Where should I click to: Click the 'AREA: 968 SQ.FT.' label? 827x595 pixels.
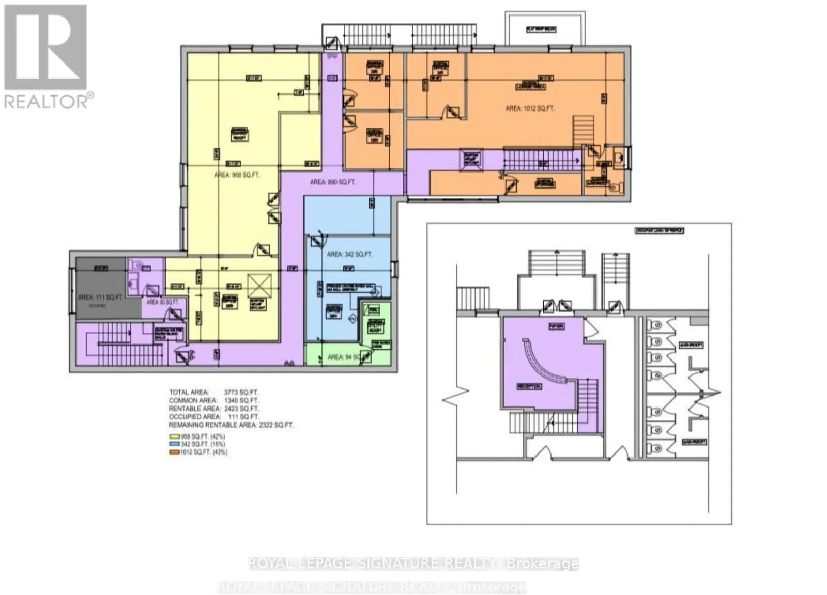pyautogui.click(x=237, y=175)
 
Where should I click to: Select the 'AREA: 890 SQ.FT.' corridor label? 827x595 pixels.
pyautogui.click(x=333, y=182)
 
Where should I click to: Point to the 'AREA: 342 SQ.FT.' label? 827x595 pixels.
pyautogui.click(x=349, y=254)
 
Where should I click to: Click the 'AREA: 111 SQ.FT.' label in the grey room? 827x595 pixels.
pyautogui.click(x=100, y=297)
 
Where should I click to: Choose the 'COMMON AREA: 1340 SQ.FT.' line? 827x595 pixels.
pyautogui.click(x=214, y=400)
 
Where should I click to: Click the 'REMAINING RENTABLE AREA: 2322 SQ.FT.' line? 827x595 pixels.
pyautogui.click(x=231, y=425)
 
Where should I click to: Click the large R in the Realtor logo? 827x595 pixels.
pyautogui.click(x=45, y=47)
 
